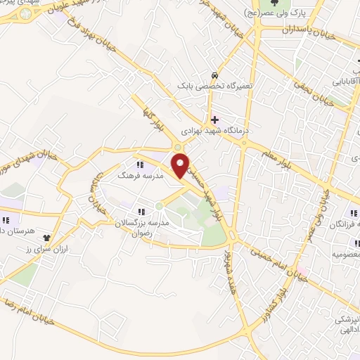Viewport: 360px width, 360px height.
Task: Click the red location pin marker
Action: [181, 165]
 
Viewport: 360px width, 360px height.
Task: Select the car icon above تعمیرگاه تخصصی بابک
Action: [213, 75]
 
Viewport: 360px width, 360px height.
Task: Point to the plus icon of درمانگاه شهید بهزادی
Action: [214, 120]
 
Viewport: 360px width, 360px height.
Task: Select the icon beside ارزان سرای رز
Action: [46, 238]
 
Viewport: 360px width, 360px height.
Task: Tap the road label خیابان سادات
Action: [94, 189]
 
